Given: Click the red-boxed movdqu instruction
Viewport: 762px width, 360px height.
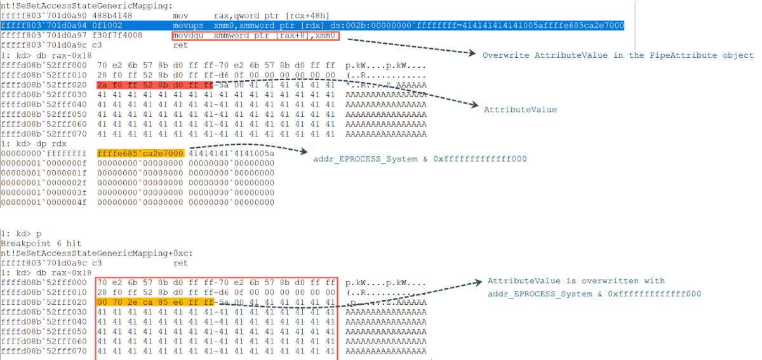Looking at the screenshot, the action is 255,36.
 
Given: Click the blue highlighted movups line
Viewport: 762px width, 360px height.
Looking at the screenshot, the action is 312,25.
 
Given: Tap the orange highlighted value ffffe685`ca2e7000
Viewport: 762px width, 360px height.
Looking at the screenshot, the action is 140,154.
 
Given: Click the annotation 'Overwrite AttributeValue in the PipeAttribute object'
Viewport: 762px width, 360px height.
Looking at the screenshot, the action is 618,55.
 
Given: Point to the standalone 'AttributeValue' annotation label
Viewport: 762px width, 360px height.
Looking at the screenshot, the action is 520,110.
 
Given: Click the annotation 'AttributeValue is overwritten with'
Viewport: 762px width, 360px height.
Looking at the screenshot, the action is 576,281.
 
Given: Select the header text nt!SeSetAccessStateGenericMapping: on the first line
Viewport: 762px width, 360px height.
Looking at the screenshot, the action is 87,6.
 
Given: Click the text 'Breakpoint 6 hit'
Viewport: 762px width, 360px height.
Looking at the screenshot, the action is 41,244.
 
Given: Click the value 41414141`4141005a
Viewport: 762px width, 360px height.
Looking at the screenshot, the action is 231,154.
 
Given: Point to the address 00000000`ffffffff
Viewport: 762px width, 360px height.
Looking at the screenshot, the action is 44,154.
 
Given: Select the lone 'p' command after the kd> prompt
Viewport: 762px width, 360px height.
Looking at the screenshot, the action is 39,234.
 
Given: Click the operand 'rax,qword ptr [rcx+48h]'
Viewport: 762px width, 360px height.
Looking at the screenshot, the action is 272,16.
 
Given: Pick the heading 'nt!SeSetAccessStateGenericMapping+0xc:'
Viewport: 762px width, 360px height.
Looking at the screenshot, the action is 97,253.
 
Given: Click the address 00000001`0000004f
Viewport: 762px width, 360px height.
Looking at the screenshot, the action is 44,203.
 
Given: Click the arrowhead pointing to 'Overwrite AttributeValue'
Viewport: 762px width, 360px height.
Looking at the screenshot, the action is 472,53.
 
